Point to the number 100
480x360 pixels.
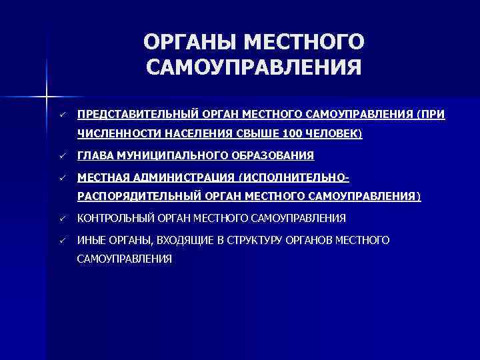pyautogui.click(x=292, y=133)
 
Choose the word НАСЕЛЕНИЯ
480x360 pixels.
pyautogui.click(x=194, y=133)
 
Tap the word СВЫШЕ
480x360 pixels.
pyautogui.click(x=256, y=133)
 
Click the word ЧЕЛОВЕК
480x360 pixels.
pyautogui.click(x=333, y=133)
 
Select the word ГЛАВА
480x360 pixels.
pyautogui.click(x=95, y=156)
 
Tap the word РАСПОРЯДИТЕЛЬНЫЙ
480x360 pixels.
pyautogui.click(x=136, y=197)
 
